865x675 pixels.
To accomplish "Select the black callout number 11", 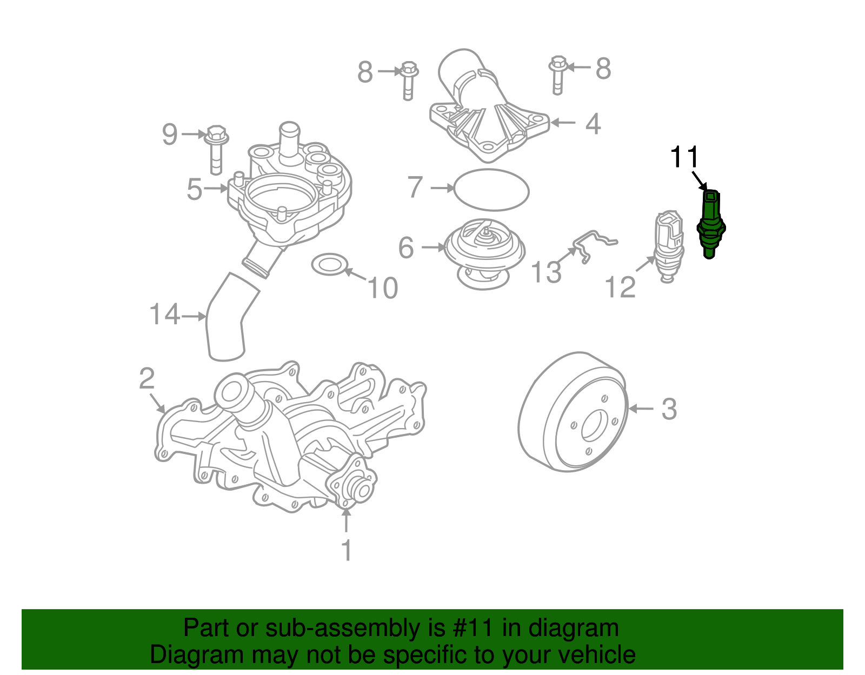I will pyautogui.click(x=684, y=157).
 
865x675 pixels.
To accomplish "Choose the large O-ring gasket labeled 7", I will pyautogui.click(x=491, y=190).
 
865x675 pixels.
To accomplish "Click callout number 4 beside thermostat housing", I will pyautogui.click(x=593, y=124).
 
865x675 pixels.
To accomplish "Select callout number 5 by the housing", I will pyautogui.click(x=194, y=190).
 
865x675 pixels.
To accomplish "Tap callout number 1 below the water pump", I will pyautogui.click(x=347, y=551).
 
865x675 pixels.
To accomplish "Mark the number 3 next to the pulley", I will pyautogui.click(x=669, y=409).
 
